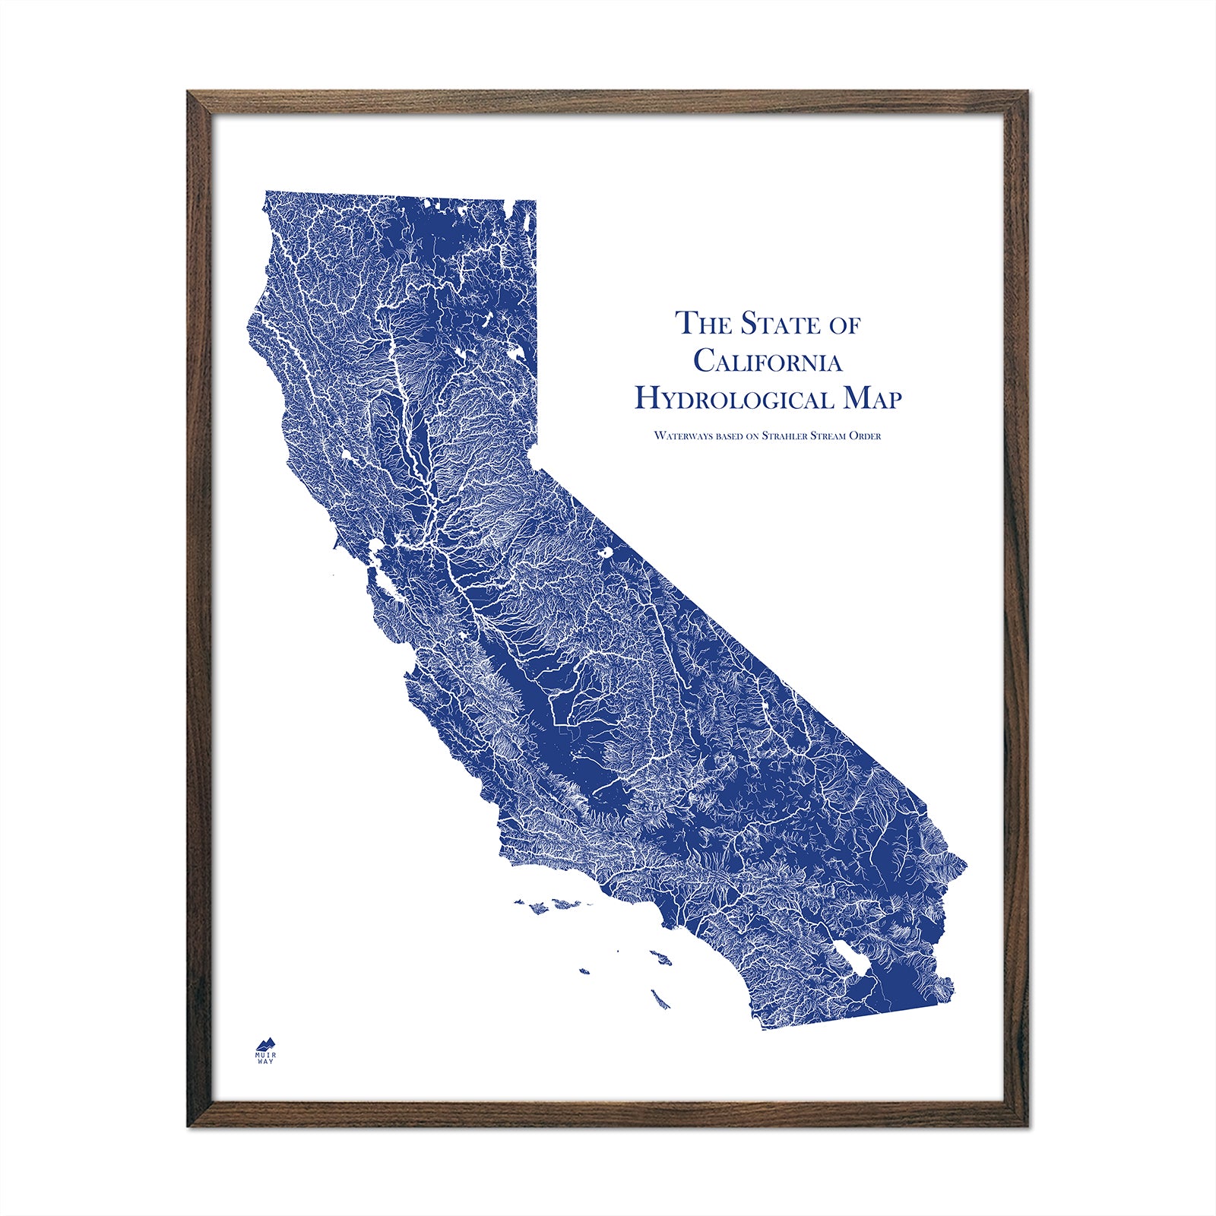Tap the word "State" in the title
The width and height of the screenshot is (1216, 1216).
(x=770, y=323)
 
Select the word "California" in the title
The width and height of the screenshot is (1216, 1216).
(x=768, y=361)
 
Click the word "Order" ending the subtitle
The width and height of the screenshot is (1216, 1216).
(x=866, y=436)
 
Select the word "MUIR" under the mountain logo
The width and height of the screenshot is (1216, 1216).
(x=266, y=1054)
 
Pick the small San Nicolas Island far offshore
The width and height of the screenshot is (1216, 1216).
(x=584, y=971)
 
